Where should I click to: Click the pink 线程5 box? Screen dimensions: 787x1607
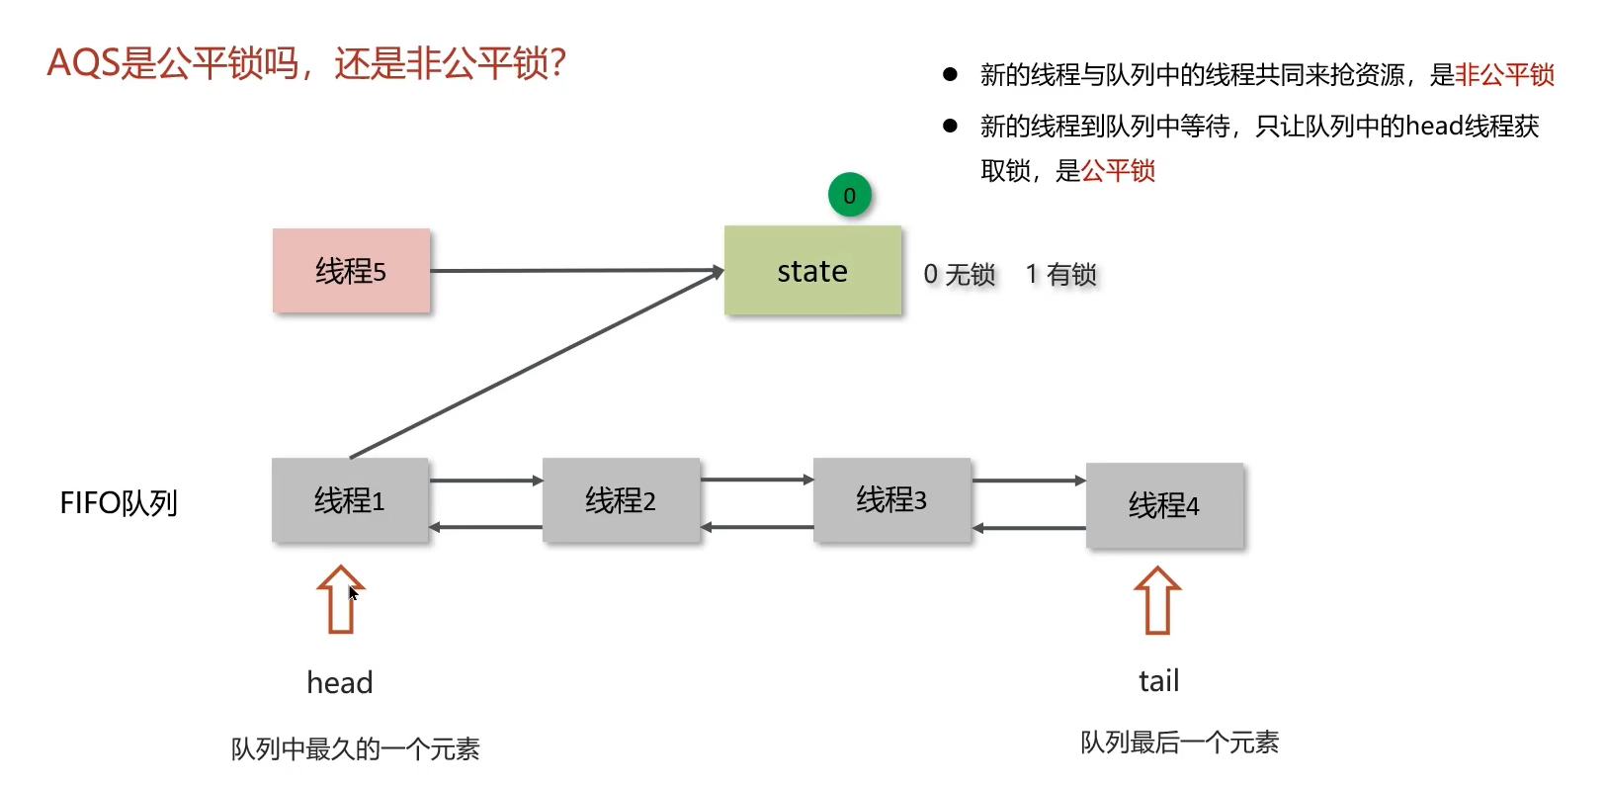(x=351, y=271)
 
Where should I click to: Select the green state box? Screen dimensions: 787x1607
(x=812, y=271)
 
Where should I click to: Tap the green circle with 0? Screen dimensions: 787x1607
(x=849, y=196)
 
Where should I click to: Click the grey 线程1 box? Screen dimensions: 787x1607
(x=350, y=500)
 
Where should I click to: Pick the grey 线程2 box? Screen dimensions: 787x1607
(x=621, y=500)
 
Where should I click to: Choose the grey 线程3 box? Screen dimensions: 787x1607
(x=891, y=500)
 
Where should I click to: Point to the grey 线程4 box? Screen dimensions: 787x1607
(x=1164, y=505)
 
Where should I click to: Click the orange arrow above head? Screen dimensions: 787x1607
(x=340, y=599)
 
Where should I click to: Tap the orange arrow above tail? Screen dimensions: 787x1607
(x=1157, y=600)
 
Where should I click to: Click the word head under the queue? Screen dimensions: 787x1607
(x=340, y=683)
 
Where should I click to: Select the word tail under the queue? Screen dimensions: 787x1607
(x=1158, y=681)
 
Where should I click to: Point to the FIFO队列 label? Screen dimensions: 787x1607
(x=119, y=503)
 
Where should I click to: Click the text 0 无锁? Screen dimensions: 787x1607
(x=959, y=274)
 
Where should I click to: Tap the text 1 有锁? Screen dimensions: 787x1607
(x=1060, y=274)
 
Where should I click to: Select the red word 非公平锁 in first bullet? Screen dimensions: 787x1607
(x=1504, y=75)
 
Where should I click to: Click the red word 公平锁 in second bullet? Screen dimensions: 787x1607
(x=1118, y=171)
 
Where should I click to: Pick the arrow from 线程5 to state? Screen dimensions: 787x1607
(x=573, y=270)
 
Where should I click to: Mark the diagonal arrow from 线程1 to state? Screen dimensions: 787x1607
(x=534, y=366)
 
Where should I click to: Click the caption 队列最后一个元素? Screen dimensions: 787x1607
(x=1179, y=743)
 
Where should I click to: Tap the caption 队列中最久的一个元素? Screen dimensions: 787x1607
(x=355, y=749)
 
